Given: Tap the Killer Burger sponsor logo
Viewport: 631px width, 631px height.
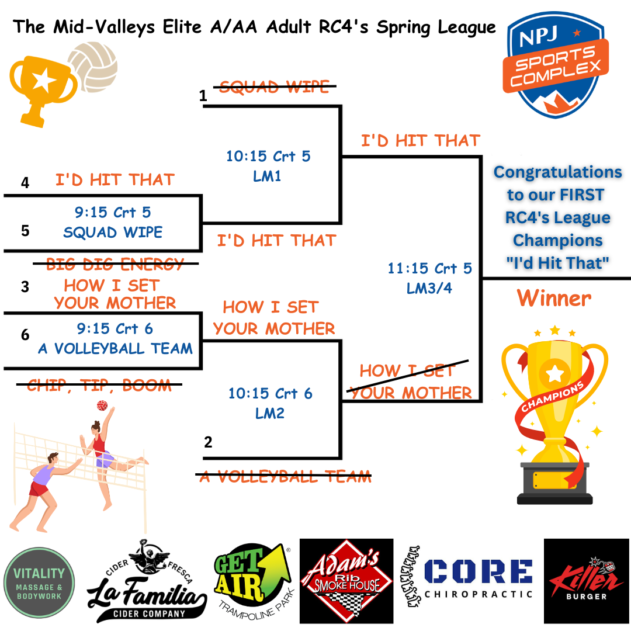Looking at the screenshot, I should [x=586, y=581].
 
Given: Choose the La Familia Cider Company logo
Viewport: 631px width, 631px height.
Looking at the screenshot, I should [x=147, y=581].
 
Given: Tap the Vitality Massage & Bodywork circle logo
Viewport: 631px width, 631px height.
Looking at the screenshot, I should [x=40, y=582].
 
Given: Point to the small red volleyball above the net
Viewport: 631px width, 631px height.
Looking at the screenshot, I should [x=102, y=405].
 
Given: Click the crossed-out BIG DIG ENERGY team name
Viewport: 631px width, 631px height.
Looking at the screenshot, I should [x=115, y=264].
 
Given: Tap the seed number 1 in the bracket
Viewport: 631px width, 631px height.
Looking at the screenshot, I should [x=203, y=96].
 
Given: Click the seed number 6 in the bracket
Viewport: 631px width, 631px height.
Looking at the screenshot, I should [x=25, y=335].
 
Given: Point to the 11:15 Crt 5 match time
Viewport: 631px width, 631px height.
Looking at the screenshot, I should [x=429, y=269].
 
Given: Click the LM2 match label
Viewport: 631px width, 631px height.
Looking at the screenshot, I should [x=269, y=413].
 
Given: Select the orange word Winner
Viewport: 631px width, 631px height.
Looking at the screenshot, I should [x=554, y=299].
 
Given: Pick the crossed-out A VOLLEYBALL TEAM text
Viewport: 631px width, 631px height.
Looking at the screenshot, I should [x=285, y=476].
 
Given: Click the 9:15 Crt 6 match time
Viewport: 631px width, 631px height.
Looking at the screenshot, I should [x=115, y=329].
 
